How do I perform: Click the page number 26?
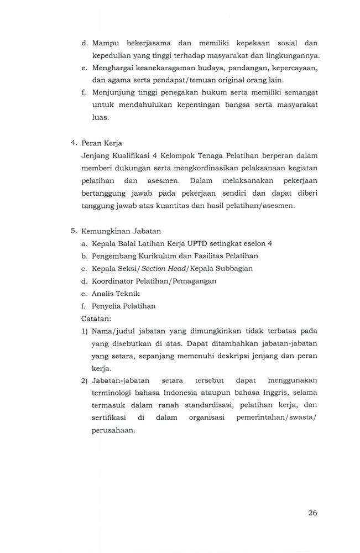(312, 513)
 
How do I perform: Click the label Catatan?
(96, 319)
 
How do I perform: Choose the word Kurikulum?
(158, 256)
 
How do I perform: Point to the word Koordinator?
(116, 281)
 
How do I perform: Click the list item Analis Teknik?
(116, 294)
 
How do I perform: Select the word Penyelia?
(108, 306)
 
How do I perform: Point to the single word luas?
(101, 118)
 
